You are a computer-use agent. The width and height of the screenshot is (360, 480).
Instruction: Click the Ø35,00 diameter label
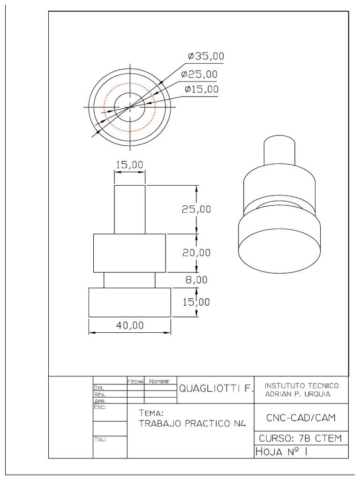point(205,56)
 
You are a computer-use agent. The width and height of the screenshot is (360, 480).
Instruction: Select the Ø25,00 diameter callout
point(199,74)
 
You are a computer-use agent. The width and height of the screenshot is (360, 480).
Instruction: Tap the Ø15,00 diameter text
point(201,89)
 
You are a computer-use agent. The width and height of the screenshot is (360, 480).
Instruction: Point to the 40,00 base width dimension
point(130,325)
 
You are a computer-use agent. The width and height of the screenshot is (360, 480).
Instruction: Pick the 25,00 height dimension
point(196,209)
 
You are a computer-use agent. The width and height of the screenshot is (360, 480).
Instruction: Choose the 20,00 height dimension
point(196,253)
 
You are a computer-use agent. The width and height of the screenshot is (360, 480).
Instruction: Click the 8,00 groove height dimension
point(196,280)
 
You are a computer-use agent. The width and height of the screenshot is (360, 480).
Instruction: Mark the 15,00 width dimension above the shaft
point(129,165)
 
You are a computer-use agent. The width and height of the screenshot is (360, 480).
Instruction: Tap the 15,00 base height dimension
point(196,302)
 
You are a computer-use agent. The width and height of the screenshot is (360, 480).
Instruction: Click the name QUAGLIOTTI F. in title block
point(215,389)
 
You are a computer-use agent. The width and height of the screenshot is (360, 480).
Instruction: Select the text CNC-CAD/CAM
point(300,417)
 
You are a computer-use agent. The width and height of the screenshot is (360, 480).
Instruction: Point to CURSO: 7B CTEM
point(300,439)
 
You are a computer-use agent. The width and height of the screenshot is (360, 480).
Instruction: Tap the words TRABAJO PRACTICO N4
point(192,424)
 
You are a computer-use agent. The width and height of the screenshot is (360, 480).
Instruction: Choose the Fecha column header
point(135,382)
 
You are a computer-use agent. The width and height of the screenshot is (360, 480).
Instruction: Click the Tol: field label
point(100,440)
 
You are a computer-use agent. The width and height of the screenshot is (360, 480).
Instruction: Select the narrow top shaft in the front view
point(129,209)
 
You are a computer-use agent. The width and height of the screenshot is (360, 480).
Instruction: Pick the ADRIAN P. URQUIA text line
point(297,394)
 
